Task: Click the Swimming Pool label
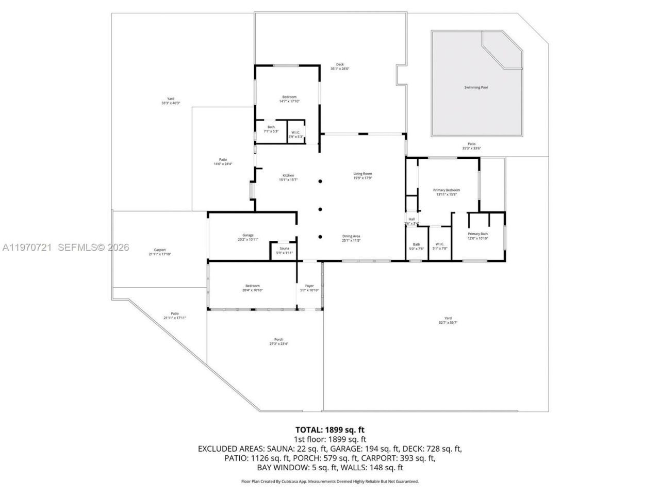click(x=476, y=88)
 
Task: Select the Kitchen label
click(x=288, y=176)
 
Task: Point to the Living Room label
click(x=362, y=174)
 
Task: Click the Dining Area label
click(x=351, y=237)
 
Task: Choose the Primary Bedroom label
click(x=446, y=191)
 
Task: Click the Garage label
click(x=248, y=236)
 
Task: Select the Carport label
click(x=159, y=251)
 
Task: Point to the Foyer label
click(x=309, y=286)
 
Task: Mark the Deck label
click(x=340, y=65)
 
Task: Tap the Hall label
click(x=411, y=220)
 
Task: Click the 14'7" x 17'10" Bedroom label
click(x=289, y=97)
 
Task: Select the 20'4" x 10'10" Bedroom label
click(x=253, y=286)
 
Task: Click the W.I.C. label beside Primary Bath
click(x=440, y=244)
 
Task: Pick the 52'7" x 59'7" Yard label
click(x=448, y=319)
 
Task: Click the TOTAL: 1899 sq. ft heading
click(x=330, y=430)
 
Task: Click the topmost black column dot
click(x=320, y=181)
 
